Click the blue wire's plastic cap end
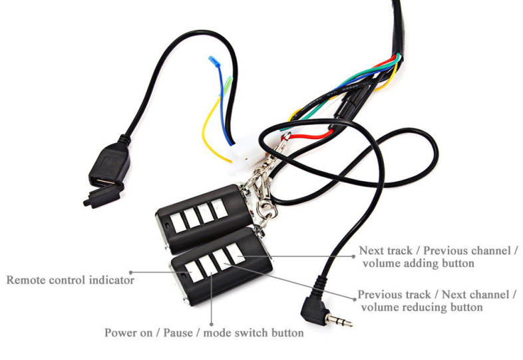click(214, 61)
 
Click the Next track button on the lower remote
click(236, 254)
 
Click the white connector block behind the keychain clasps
click(246, 155)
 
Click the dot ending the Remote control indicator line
click(131, 273)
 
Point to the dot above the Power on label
click(212, 324)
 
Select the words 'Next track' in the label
click(385, 251)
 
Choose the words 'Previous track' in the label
click(395, 295)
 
